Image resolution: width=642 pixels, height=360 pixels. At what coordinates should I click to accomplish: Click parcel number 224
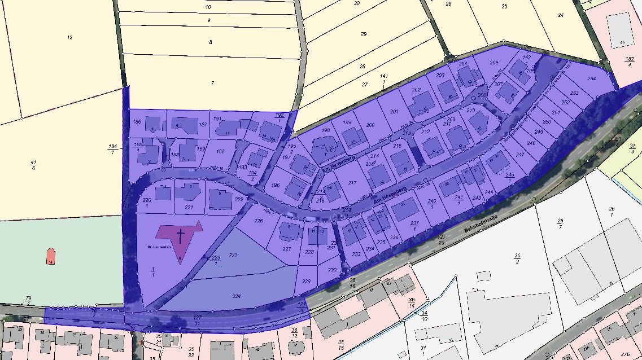pyautogui.click(x=236, y=296)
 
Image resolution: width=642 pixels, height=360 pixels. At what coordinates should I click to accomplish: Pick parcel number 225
pyautogui.click(x=233, y=255)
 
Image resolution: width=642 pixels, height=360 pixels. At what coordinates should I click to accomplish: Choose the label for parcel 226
pyautogui.click(x=259, y=221)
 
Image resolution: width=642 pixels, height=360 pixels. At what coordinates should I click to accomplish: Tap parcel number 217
pyautogui.click(x=353, y=183)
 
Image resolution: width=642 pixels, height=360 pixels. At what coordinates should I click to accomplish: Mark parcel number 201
pyautogui.click(x=394, y=112)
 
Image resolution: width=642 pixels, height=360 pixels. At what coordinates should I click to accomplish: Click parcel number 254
pyautogui.click(x=591, y=78)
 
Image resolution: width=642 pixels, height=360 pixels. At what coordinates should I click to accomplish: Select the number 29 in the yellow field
pyautogui.click(x=364, y=34)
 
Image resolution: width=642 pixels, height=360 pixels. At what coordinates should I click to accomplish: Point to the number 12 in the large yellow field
pyautogui.click(x=69, y=38)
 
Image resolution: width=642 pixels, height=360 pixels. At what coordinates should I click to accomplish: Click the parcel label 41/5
pyautogui.click(x=33, y=165)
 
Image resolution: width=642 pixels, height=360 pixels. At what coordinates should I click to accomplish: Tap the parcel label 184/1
pyautogui.click(x=112, y=149)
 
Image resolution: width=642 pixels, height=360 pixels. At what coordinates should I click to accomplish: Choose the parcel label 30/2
pyautogui.click(x=517, y=259)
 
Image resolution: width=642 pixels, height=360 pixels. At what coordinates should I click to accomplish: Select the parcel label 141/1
pyautogui.click(x=383, y=78)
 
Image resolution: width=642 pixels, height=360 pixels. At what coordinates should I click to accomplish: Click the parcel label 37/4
pyautogui.click(x=632, y=149)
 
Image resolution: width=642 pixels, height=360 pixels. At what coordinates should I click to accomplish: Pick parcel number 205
pyautogui.click(x=494, y=63)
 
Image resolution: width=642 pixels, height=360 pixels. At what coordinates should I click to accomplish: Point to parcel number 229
pyautogui.click(x=307, y=282)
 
